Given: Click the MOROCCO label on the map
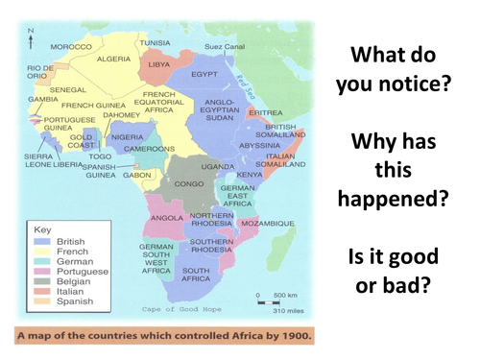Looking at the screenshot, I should point(72,46).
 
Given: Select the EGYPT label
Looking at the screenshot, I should point(206,74).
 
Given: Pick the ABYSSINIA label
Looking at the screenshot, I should point(259,145).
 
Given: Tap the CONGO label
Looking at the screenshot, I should point(188,182).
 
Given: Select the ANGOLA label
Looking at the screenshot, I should point(168,218).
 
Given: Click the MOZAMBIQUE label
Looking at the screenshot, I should point(269,223).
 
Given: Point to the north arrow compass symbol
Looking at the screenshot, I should point(31,37).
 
